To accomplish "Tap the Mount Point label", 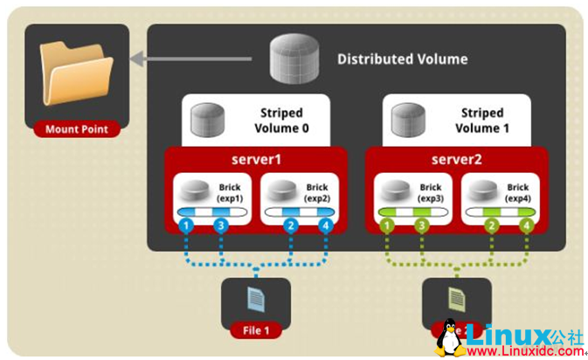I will pyautogui.click(x=76, y=129).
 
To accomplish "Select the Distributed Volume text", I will pyautogui.click(x=402, y=59).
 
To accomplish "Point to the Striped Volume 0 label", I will pyautogui.click(x=281, y=121).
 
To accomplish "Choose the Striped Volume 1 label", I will pyautogui.click(x=481, y=121).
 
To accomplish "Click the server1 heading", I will pyautogui.click(x=256, y=160).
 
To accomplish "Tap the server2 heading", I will pyautogui.click(x=456, y=160).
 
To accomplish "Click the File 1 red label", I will pyautogui.click(x=255, y=329).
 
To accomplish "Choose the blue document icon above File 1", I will pyautogui.click(x=255, y=299).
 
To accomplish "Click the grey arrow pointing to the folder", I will pyautogui.click(x=192, y=59).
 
